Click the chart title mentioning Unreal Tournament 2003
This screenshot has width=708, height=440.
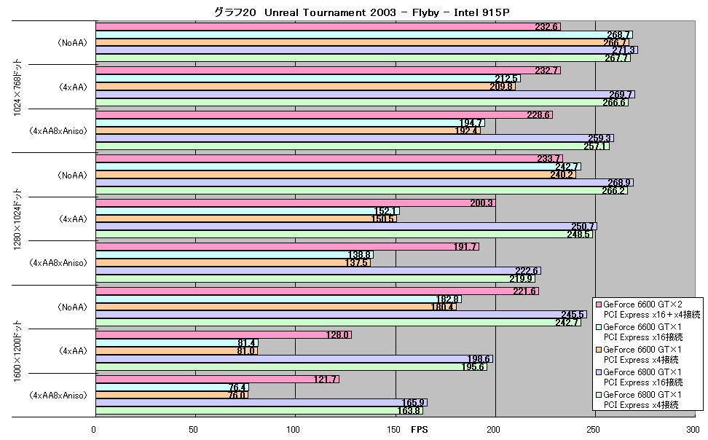361,12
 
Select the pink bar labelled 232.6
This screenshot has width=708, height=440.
328,27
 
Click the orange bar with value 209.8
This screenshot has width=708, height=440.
305,86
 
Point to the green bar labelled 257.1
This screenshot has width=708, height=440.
353,146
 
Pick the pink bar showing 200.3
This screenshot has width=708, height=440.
295,203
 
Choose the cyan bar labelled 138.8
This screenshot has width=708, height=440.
235,255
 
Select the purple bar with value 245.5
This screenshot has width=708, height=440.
341,315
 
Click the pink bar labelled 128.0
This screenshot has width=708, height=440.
224,335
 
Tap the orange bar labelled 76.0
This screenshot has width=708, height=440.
172,395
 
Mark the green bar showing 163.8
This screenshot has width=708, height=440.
259,411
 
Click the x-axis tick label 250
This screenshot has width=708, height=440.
594,429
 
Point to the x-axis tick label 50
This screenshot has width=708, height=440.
193,429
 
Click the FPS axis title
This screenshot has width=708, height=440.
419,429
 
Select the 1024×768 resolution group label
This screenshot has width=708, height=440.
17,87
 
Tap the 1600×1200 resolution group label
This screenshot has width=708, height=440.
17,351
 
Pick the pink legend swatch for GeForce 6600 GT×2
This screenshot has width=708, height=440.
599,305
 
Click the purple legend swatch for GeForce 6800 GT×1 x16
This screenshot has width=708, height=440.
599,372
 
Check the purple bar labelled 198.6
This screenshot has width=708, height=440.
294,358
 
